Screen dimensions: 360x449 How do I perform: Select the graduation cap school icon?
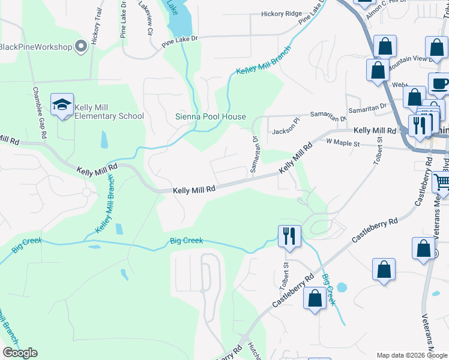point(62,106)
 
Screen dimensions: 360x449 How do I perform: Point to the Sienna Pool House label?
point(210,116)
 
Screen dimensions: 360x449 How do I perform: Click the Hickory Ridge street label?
point(282,13)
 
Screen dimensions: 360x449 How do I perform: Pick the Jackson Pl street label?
point(285,131)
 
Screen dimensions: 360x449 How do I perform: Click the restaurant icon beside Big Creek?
point(289,236)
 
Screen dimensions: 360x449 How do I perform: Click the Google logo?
point(20,352)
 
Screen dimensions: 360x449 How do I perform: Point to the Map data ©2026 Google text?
point(412,355)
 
